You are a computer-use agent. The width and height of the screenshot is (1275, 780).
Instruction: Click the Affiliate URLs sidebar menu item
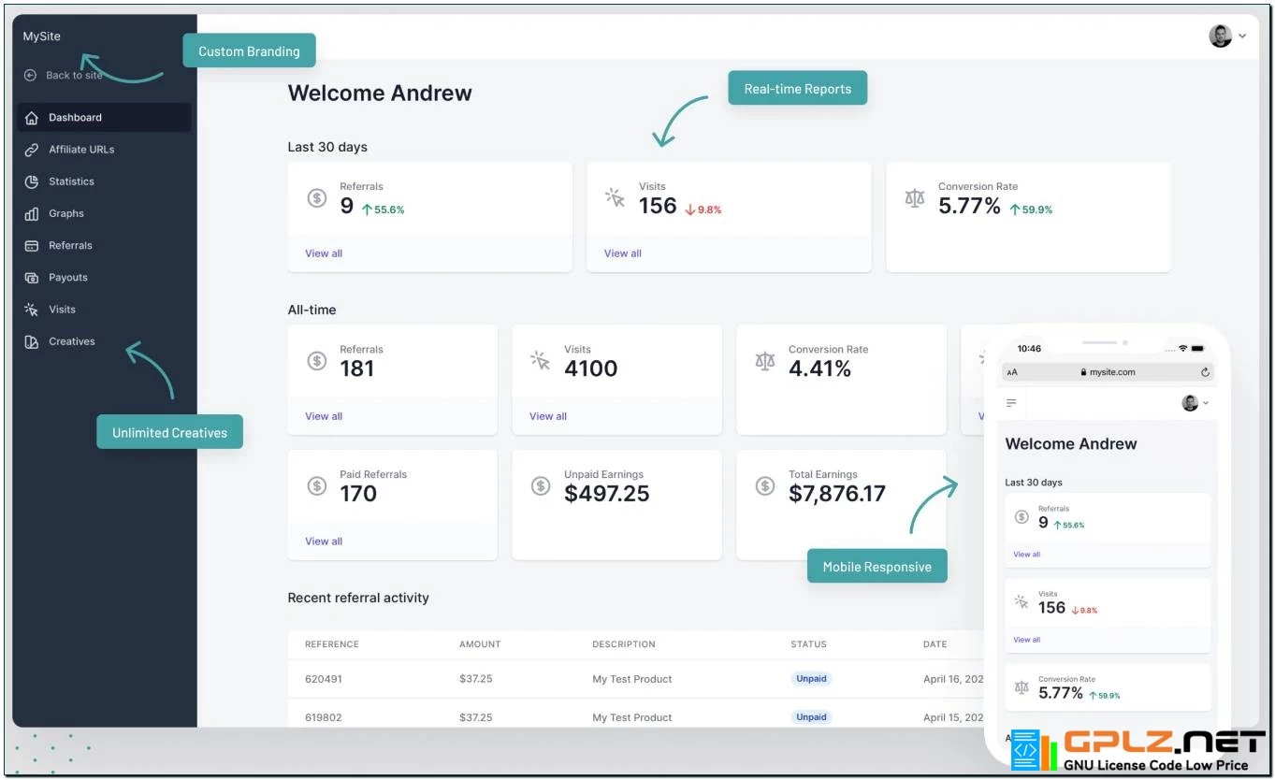click(x=80, y=150)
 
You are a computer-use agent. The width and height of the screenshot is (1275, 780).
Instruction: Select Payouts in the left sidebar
click(x=67, y=278)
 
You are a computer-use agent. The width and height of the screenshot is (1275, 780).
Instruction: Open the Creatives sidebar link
click(x=71, y=341)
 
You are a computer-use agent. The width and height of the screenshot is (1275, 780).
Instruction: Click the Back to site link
click(x=73, y=76)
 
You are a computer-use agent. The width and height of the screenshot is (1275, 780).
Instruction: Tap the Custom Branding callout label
click(x=249, y=51)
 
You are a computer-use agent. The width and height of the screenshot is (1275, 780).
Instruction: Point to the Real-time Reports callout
click(x=797, y=89)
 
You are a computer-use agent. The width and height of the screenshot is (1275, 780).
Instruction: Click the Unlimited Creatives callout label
click(x=169, y=432)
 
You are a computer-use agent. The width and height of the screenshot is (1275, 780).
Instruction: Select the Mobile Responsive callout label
click(x=877, y=567)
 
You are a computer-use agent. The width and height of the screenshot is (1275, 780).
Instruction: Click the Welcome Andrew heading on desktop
click(x=380, y=94)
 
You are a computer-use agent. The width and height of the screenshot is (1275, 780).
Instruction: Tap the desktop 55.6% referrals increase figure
click(x=384, y=209)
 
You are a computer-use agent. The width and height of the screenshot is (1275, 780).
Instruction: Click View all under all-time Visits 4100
click(x=548, y=416)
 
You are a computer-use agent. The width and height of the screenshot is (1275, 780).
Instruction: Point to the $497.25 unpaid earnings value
click(x=606, y=494)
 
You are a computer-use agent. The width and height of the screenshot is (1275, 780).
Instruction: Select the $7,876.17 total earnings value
click(x=836, y=494)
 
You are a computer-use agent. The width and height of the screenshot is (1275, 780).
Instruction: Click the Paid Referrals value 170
click(x=358, y=494)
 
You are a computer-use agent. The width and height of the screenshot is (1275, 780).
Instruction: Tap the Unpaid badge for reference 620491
click(x=811, y=679)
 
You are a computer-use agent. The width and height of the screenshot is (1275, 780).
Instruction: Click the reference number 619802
click(x=324, y=717)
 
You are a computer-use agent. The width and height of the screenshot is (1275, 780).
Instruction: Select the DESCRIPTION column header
click(x=623, y=644)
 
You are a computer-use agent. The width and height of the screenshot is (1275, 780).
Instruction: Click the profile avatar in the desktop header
click(x=1220, y=36)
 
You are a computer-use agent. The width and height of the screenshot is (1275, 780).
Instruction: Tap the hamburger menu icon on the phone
click(x=1011, y=403)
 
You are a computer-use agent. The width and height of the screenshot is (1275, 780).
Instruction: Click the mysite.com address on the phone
click(x=1112, y=372)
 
